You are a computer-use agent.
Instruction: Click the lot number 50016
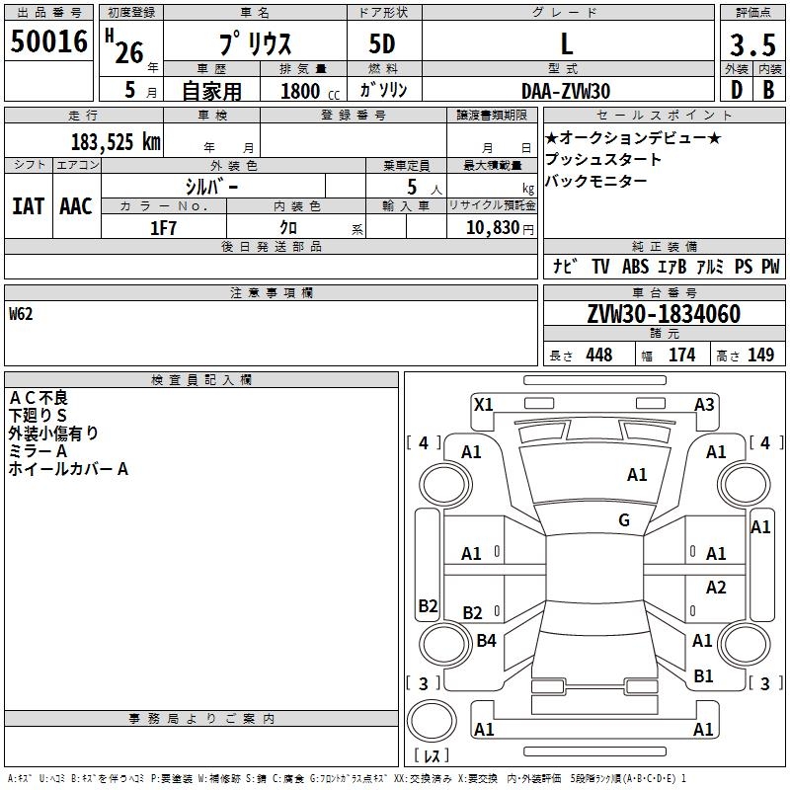(49, 42)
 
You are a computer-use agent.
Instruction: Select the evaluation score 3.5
(750, 45)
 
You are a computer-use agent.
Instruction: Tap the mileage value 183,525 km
(116, 141)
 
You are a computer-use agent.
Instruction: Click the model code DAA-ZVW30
(566, 91)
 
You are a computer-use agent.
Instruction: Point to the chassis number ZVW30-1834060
(663, 314)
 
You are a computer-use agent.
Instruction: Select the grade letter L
(567, 44)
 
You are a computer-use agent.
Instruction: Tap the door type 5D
(382, 45)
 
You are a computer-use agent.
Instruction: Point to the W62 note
(22, 315)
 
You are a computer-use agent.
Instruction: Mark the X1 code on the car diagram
(484, 404)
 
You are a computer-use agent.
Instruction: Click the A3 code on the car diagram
(704, 404)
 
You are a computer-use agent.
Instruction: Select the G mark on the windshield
(624, 520)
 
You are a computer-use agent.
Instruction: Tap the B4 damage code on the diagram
(486, 641)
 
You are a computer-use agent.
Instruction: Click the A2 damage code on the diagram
(716, 588)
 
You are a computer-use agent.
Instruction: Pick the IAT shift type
(28, 206)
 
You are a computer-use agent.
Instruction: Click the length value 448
(598, 355)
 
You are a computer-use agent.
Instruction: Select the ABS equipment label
(636, 267)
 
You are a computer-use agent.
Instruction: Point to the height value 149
(760, 355)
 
